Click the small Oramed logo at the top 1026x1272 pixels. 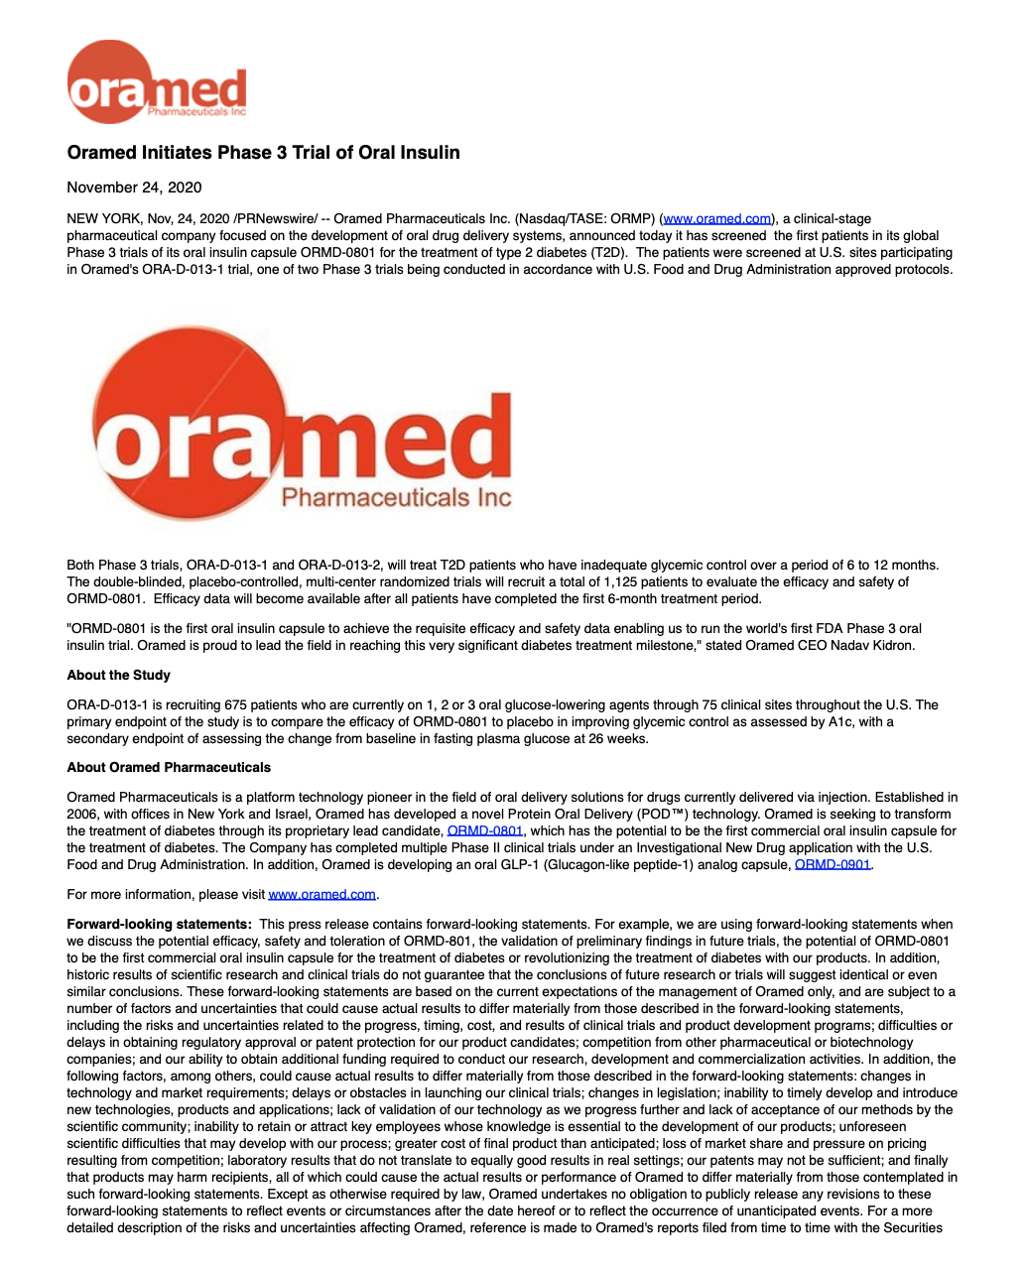[156, 82]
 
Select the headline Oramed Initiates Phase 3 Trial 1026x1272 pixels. [263, 153]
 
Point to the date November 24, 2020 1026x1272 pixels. [134, 188]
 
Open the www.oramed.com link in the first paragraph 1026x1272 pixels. [717, 219]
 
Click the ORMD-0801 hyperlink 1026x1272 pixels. [485, 831]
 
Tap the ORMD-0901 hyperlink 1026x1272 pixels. [833, 865]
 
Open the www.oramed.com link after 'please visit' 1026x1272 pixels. [321, 895]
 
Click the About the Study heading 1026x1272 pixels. [118, 676]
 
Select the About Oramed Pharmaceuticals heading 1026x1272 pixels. [169, 768]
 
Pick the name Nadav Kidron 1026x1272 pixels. [874, 646]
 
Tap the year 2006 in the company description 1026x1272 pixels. [83, 815]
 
